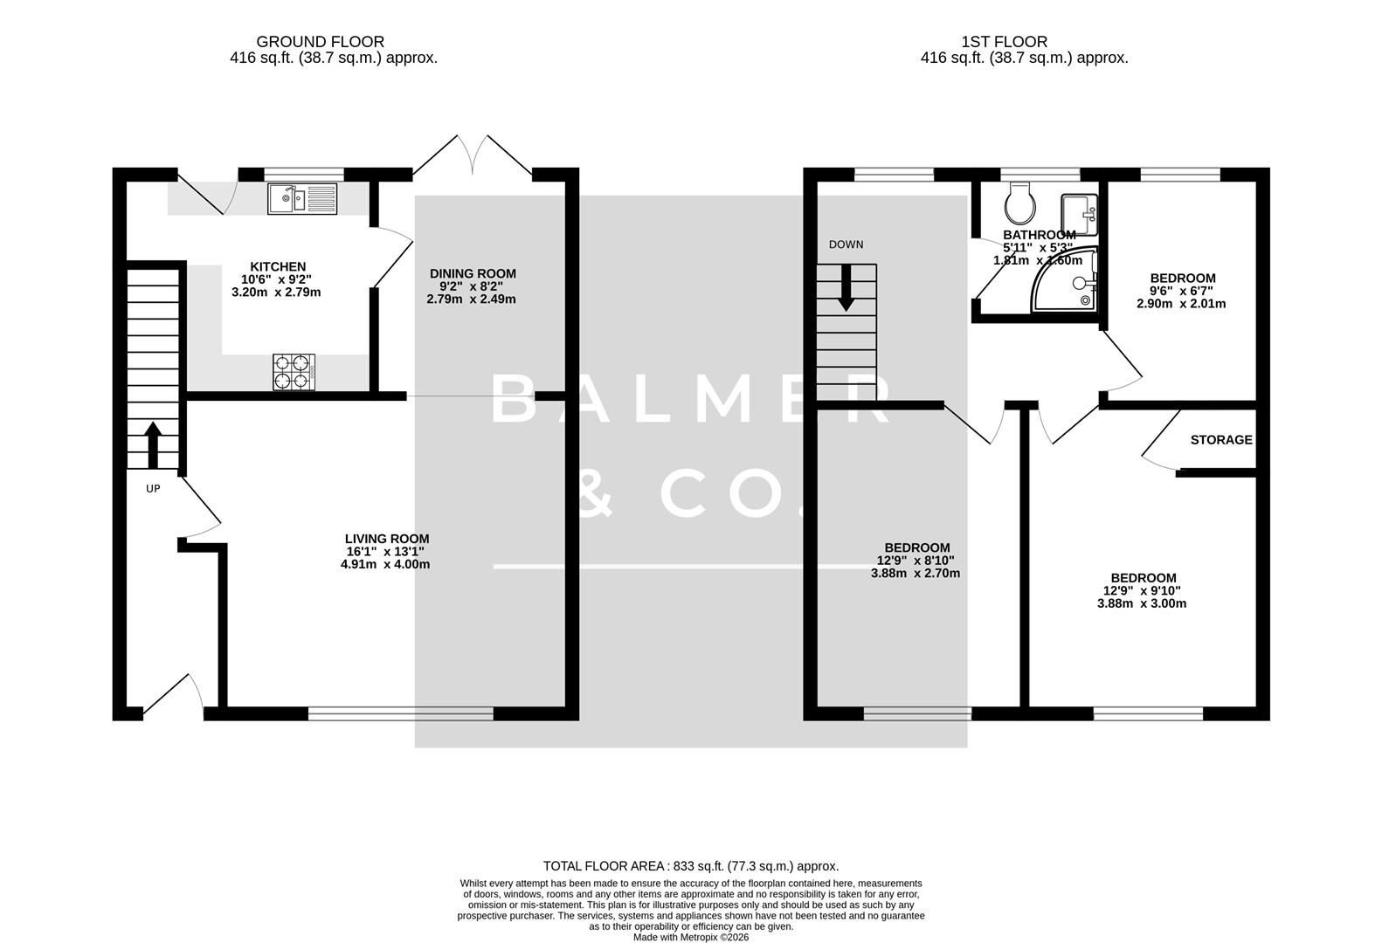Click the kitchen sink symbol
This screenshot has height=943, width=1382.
[302, 198]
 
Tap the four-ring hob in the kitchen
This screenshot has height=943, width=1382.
[294, 371]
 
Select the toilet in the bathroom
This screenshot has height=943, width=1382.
[1020, 203]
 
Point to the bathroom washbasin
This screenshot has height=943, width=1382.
[1079, 214]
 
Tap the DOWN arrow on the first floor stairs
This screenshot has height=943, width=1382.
[845, 289]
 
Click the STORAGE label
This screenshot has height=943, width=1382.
[1220, 440]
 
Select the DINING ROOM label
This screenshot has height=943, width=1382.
[472, 273]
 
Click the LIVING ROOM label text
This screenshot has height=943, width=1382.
[386, 539]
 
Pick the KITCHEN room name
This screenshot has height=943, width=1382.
[278, 266]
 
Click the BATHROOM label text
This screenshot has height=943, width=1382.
[1039, 235]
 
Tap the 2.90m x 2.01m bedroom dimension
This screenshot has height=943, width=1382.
[1181, 304]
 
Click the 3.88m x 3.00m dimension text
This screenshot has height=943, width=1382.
[1142, 603]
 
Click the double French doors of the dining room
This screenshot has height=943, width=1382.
[473, 155]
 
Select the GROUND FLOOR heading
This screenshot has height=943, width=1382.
[320, 41]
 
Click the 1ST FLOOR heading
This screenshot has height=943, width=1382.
[1004, 41]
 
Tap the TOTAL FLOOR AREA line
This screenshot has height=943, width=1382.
[690, 866]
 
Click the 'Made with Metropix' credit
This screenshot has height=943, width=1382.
[690, 937]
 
